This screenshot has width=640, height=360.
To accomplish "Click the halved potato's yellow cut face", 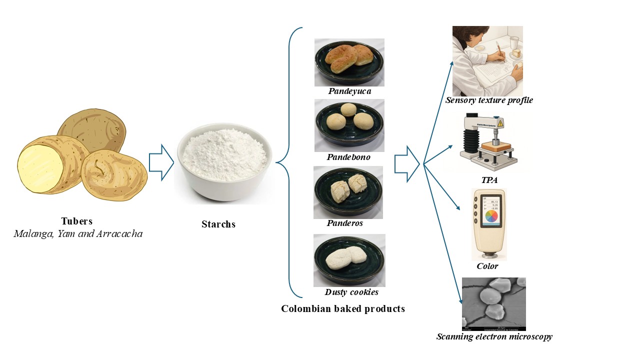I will tap(37, 164).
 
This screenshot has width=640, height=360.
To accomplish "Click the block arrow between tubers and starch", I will tap(161, 162).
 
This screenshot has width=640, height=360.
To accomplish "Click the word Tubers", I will tap(77, 221).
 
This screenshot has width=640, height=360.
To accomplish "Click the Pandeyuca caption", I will tap(350, 91).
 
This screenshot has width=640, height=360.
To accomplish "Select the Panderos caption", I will tap(345, 223).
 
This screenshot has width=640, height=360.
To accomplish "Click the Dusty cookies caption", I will tap(351, 292).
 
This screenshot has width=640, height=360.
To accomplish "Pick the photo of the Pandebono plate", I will tap(349, 125).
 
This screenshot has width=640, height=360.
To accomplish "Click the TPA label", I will tap(488, 180).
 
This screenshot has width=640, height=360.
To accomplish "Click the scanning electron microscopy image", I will tap(493, 304).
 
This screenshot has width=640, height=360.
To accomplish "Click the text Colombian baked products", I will tap(343, 308).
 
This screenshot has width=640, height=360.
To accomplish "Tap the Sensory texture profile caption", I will tap(489, 100).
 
